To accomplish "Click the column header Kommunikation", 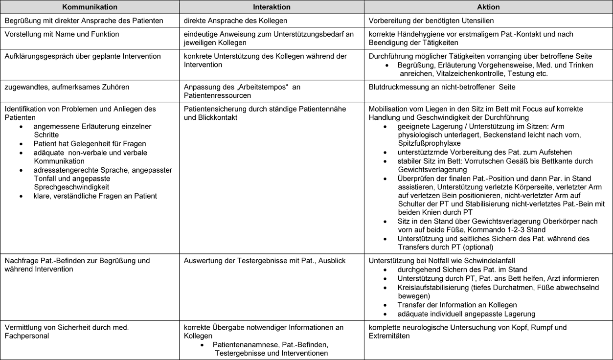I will (90, 7).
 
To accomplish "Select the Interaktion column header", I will (272, 7).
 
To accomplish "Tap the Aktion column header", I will (488, 7).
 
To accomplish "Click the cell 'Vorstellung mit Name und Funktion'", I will (62, 34).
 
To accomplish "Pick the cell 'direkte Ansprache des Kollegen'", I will (235, 21).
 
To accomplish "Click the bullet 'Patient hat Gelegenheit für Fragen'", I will (90, 144).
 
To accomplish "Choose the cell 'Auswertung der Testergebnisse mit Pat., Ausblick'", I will (265, 261).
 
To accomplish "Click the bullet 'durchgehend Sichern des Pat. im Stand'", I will (462, 270).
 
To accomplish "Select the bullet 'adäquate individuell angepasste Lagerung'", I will (466, 314).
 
